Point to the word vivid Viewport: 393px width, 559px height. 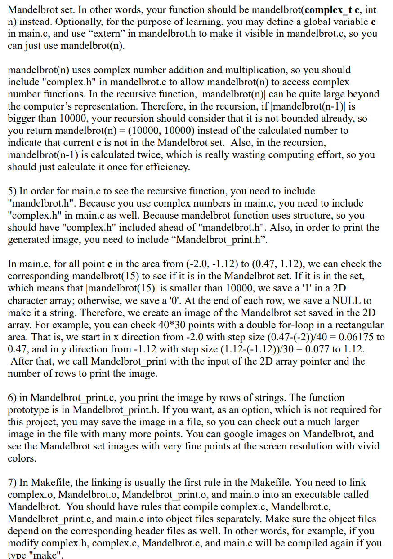point(367,446)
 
